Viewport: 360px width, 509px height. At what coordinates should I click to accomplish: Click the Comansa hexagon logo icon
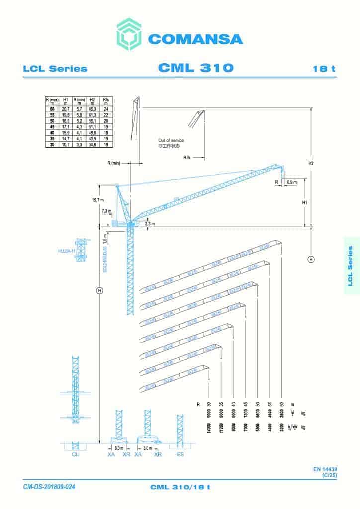(131, 35)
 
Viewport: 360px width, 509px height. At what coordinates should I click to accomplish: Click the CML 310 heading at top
(195, 68)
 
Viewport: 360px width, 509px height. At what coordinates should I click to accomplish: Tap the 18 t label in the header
(324, 69)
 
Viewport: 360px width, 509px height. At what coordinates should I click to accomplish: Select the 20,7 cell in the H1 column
(65, 108)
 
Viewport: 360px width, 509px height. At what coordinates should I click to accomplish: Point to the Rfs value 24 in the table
(106, 108)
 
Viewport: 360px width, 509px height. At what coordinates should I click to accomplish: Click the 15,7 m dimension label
(98, 200)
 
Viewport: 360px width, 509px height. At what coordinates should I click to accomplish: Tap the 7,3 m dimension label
(106, 211)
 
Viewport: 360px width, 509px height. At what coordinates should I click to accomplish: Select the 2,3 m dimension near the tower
(149, 224)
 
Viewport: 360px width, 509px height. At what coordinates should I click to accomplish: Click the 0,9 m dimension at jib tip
(291, 182)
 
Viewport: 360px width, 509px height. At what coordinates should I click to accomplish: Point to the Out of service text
(171, 141)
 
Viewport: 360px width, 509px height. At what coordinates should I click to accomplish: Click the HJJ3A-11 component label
(66, 252)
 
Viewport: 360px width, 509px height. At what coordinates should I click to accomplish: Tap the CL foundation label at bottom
(75, 454)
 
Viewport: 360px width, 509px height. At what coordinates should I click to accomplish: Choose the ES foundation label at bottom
(180, 454)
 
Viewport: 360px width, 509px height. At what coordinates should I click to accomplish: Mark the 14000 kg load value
(209, 427)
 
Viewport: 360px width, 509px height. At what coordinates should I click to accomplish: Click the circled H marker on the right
(311, 259)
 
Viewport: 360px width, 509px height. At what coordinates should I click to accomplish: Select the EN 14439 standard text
(325, 469)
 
